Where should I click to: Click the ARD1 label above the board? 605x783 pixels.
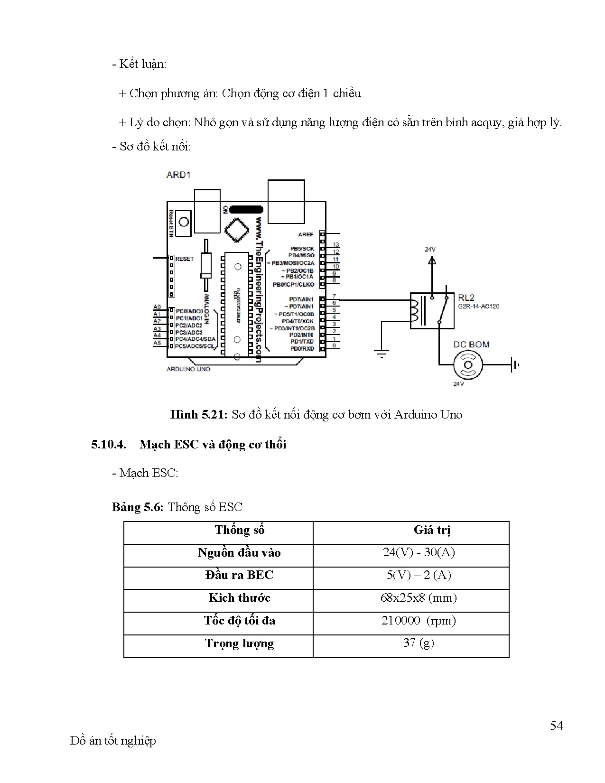click(178, 175)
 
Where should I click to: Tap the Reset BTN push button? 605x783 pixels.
click(183, 222)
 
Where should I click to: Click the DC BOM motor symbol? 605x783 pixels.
click(468, 364)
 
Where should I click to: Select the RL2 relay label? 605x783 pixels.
click(466, 298)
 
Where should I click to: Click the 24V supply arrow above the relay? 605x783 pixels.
click(431, 260)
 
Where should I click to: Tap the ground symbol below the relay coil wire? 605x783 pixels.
click(382, 353)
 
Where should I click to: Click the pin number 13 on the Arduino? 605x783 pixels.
click(336, 245)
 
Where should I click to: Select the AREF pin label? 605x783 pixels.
click(306, 234)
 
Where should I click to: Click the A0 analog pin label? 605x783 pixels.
click(157, 307)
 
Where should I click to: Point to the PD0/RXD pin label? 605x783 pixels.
click(302, 349)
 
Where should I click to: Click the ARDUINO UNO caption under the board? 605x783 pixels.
click(188, 369)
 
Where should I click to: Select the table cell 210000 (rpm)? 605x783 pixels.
click(418, 620)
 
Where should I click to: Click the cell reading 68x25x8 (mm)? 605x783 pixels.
click(418, 597)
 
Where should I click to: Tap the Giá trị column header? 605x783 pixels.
click(432, 530)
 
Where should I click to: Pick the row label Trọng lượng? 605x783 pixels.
click(239, 643)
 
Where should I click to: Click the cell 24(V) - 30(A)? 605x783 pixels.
click(419, 552)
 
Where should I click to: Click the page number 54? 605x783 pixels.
click(556, 726)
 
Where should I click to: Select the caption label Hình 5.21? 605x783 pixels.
click(199, 415)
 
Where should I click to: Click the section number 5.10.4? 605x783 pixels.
click(108, 445)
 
